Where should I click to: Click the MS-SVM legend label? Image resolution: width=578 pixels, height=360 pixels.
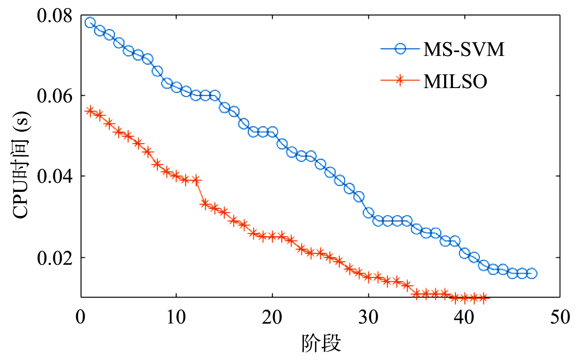point(464,49)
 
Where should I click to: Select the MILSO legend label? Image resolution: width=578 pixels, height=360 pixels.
point(455,81)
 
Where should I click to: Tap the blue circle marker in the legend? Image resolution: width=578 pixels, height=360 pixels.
point(400,49)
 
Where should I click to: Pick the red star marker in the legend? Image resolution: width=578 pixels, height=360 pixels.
point(400,80)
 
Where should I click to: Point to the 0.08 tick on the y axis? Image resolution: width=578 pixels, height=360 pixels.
point(54,16)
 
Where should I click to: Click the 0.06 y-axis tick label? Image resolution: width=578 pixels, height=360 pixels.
point(54,96)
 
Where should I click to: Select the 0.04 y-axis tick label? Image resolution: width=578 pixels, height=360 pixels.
point(54,176)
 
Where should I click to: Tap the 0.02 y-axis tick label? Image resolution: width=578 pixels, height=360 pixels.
point(54,258)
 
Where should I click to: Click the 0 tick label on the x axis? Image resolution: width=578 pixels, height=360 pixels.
point(81,317)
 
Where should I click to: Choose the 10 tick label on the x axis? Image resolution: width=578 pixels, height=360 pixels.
point(176,317)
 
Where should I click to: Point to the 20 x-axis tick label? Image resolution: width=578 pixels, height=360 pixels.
point(272,317)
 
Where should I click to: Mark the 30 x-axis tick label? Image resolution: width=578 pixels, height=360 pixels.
point(368,317)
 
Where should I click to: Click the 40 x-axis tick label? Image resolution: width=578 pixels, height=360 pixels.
point(464,317)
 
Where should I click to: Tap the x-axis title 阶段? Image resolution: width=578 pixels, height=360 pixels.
point(321,343)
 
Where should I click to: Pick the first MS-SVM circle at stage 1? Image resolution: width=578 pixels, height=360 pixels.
point(90,23)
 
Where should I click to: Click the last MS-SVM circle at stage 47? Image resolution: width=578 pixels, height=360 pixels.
point(532,273)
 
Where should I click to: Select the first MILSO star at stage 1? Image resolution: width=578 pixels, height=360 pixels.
point(90,111)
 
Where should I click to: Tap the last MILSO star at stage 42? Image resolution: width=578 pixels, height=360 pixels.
point(484,298)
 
